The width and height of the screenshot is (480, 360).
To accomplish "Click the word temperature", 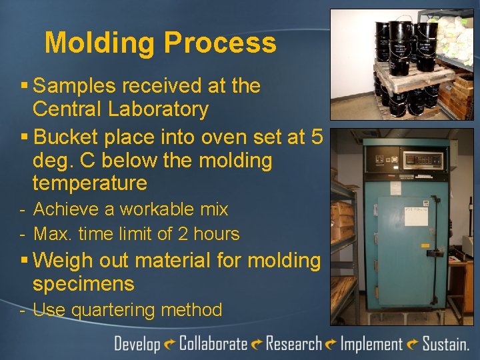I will point(89,183).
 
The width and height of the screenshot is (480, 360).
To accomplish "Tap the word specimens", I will point(83,284).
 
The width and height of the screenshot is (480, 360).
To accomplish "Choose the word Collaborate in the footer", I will point(213,344).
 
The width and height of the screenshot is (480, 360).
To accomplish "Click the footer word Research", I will point(294,344).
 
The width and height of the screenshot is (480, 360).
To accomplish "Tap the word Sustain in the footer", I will point(445,344).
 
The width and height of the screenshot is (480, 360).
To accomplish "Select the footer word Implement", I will point(371,344).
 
